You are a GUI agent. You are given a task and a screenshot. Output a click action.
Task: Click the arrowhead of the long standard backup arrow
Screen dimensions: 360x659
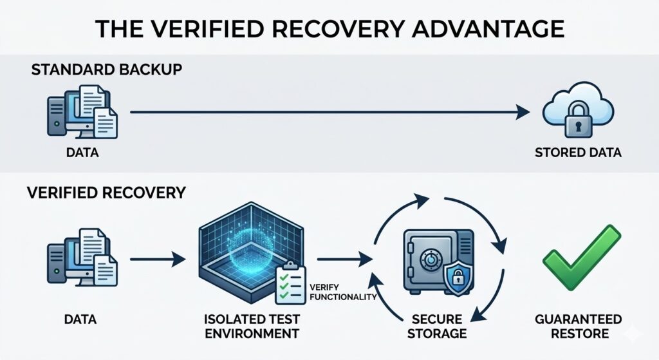(524, 112)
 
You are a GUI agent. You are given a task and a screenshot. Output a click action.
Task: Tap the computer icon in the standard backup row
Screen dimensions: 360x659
(81, 113)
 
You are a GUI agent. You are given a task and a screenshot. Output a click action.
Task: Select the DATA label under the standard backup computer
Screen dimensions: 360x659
(81, 153)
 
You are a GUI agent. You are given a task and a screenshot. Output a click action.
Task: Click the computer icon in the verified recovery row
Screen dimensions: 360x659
(81, 258)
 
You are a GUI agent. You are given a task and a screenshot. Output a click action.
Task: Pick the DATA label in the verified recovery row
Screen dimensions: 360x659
(81, 319)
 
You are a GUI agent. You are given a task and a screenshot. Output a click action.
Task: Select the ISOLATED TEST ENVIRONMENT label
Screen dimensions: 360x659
(251, 326)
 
